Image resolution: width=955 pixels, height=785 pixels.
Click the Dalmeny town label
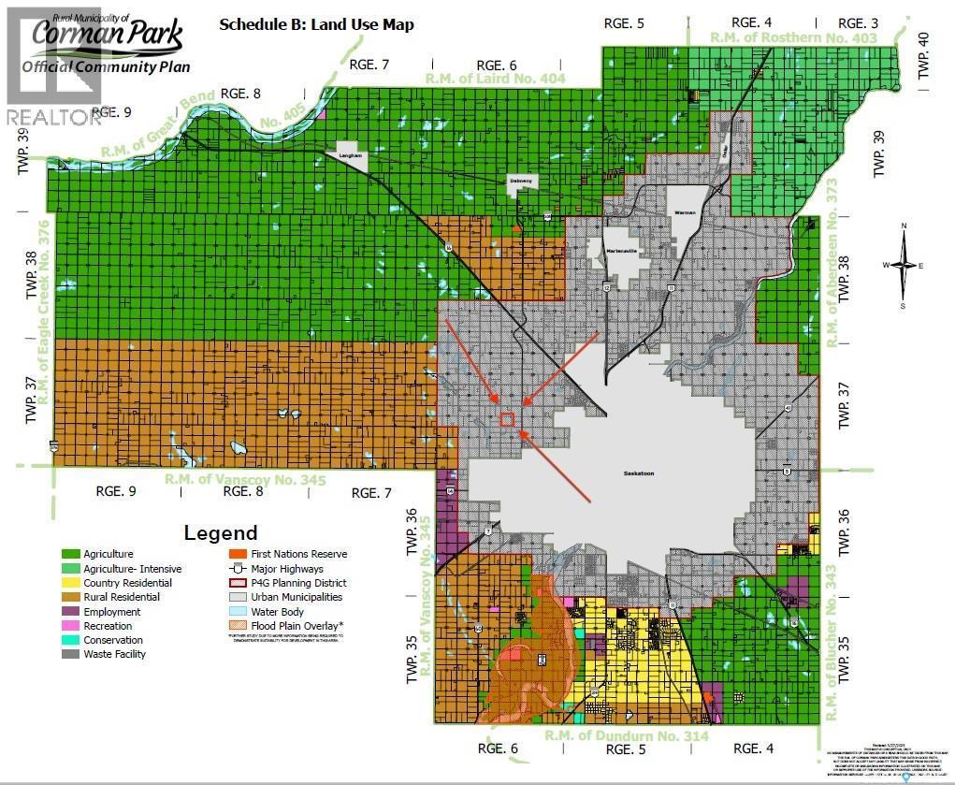[521, 182]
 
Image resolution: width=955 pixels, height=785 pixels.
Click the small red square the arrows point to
[507, 419]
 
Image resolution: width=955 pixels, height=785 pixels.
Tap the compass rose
[904, 266]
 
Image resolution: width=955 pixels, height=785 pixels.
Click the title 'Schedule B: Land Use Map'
[316, 24]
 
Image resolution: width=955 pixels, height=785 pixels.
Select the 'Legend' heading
[222, 532]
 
